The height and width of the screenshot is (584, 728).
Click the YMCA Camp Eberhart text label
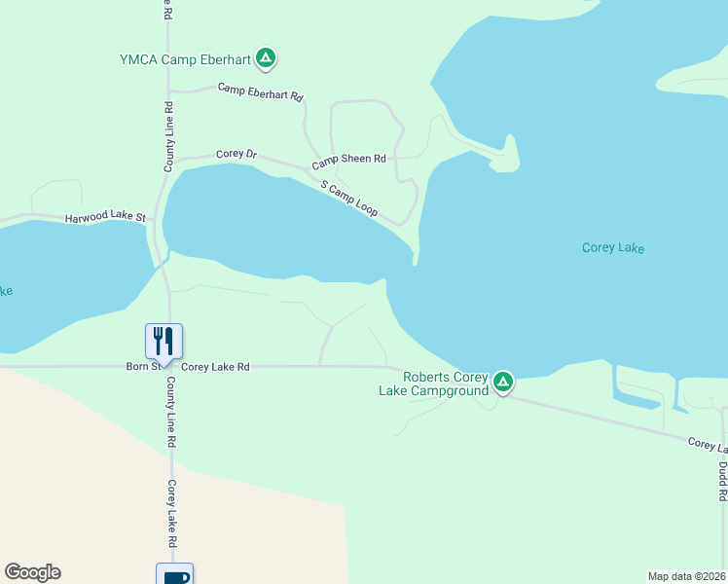(x=185, y=58)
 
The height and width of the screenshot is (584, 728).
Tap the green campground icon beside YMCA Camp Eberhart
(x=266, y=58)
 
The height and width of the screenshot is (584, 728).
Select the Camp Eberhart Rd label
(x=261, y=92)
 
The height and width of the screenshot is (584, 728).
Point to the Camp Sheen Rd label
(x=348, y=159)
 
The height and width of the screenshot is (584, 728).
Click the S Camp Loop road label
(x=348, y=199)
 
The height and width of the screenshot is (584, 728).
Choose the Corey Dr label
(x=237, y=154)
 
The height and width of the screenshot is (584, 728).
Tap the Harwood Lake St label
(x=105, y=217)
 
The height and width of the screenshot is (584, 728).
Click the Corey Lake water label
(x=613, y=247)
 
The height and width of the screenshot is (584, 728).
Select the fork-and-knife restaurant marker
(x=164, y=341)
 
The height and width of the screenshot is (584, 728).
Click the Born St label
(x=143, y=367)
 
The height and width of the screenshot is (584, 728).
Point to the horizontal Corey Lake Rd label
(x=215, y=367)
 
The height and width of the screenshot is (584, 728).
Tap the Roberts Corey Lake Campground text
(x=433, y=383)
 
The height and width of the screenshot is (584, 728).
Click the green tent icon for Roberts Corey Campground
(x=502, y=382)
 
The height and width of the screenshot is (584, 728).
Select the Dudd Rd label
(x=723, y=481)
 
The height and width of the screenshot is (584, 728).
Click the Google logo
(x=32, y=572)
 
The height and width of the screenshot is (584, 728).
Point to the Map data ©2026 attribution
(x=686, y=575)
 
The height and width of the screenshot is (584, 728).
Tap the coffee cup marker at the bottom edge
(x=175, y=575)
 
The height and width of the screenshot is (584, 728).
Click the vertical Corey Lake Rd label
(x=170, y=513)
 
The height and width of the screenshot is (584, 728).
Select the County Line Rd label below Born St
(x=170, y=412)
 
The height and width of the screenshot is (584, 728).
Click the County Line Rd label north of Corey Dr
(x=168, y=136)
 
